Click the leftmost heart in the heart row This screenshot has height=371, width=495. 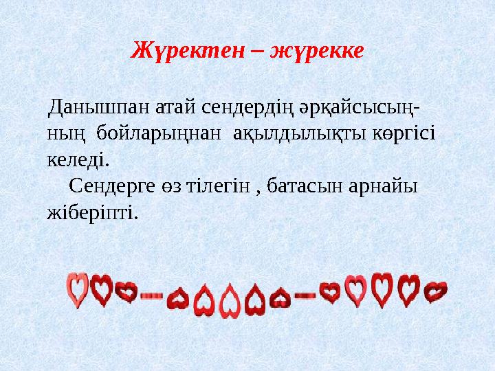[x=77, y=289]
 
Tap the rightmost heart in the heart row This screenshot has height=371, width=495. [x=435, y=291]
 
